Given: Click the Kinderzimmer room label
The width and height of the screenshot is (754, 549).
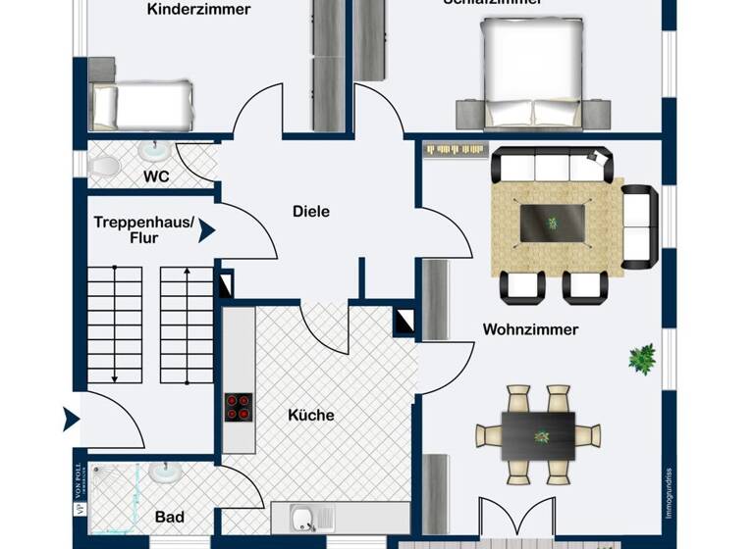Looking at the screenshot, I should [199, 10].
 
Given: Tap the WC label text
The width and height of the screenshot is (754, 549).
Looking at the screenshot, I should [157, 177].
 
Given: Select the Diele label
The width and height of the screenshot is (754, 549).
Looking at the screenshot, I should [311, 211].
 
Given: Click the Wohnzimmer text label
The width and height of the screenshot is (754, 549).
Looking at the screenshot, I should [530, 329].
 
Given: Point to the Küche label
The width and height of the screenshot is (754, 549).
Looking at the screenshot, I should [311, 415].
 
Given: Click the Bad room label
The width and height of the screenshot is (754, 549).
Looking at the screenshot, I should [170, 517].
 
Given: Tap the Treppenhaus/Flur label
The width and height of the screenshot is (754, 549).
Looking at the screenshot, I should [144, 229].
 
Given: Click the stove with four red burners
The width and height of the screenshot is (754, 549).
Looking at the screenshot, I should [239, 406].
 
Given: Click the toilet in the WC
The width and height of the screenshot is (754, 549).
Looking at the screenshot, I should [104, 165].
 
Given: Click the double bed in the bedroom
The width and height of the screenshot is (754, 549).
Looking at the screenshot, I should [531, 74].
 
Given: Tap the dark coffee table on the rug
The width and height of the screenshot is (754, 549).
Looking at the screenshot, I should [552, 223].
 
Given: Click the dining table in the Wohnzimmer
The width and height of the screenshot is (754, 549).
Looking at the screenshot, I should [538, 433].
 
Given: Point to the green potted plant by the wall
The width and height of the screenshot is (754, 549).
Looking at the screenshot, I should [642, 358].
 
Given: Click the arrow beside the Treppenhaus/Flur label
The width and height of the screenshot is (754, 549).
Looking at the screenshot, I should [206, 230].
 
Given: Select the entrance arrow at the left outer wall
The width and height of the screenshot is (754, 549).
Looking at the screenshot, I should [70, 420].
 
